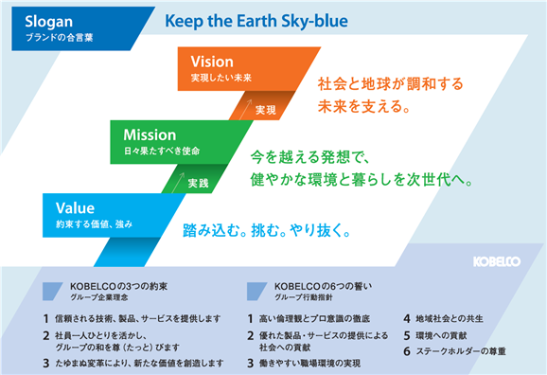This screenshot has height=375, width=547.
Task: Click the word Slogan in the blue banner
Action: pyautogui.click(x=49, y=22)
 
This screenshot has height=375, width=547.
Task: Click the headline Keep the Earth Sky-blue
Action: pyautogui.click(x=256, y=21)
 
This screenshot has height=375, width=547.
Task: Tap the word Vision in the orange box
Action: pyautogui.click(x=212, y=62)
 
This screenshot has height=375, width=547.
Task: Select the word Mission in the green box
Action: pyautogui.click(x=150, y=135)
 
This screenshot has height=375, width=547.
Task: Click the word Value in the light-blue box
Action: pyautogui.click(x=75, y=208)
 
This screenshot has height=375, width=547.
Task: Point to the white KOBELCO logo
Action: pyautogui.click(x=497, y=261)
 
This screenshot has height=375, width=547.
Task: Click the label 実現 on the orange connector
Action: pyautogui.click(x=266, y=110)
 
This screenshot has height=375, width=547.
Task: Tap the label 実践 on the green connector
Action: pyautogui.click(x=198, y=183)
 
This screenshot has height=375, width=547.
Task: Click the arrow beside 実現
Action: pyautogui.click(x=246, y=109)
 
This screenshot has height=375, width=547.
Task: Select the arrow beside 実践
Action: pyautogui.click(x=178, y=182)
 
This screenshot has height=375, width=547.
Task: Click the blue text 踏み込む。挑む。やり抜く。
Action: pyautogui.click(x=267, y=230)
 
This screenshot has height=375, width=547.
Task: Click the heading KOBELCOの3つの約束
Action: pyautogui.click(x=118, y=286)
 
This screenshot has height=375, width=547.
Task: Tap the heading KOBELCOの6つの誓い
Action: pyautogui.click(x=323, y=286)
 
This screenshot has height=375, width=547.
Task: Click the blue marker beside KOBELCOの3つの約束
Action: pyautogui.click(x=52, y=292)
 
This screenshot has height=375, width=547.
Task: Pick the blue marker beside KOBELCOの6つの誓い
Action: pyautogui.click(x=256, y=292)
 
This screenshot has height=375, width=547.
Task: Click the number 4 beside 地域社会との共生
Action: pyautogui.click(x=407, y=319)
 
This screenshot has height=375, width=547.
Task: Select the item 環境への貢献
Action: pyautogui.click(x=441, y=335)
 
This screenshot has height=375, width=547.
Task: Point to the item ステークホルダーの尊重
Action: pyautogui.click(x=461, y=351)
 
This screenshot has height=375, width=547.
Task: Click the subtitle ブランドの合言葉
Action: pyautogui.click(x=60, y=38)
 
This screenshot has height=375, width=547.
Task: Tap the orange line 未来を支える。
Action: pyautogui.click(x=363, y=106)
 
